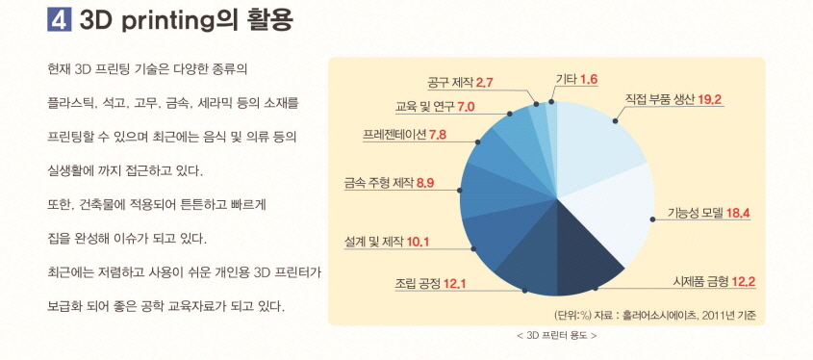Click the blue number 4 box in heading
[58, 19]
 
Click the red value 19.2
[709, 98]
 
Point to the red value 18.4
[738, 213]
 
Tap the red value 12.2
[742, 282]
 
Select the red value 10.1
[419, 240]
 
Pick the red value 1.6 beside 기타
[589, 78]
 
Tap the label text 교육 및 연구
[425, 106]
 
